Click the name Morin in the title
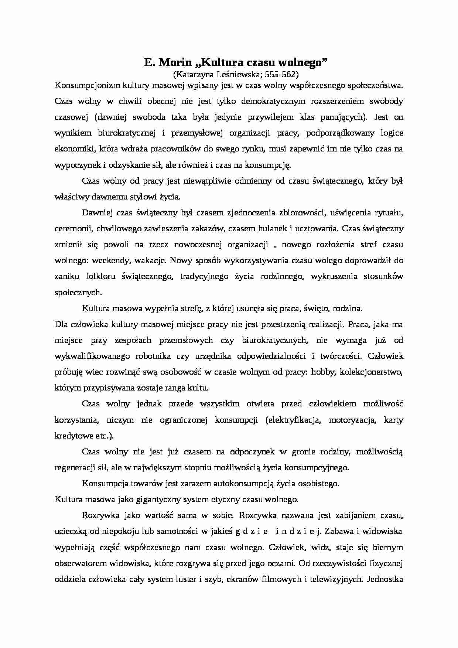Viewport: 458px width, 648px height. (x=173, y=63)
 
